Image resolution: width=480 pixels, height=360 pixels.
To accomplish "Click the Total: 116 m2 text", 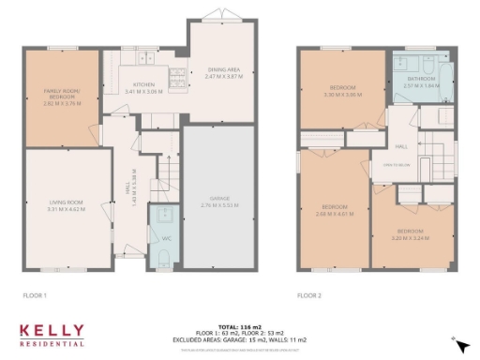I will click(x=239, y=321).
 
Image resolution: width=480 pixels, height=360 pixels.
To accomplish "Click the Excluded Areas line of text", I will click(x=239, y=334).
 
